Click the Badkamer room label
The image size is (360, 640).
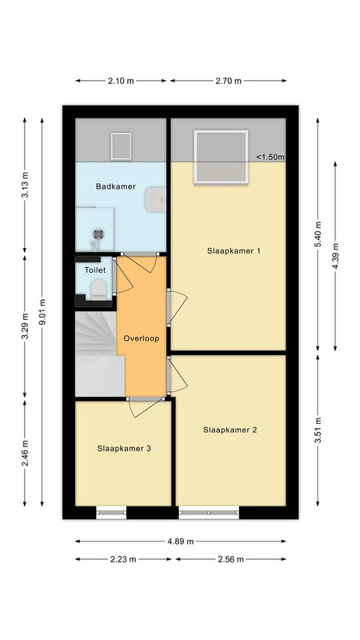click(x=115, y=186)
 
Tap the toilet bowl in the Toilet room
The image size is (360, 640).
click(x=98, y=289)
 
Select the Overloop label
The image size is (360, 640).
click(x=142, y=338)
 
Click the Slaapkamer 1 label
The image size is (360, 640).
click(x=234, y=251)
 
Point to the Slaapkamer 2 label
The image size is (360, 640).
click(x=230, y=430)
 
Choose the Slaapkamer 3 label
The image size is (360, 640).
click(x=124, y=448)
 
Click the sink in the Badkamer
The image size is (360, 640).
click(x=156, y=199)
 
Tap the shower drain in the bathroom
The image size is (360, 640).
click(x=98, y=234)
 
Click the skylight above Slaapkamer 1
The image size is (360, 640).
click(x=221, y=157)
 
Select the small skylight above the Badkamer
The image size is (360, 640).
click(x=121, y=146)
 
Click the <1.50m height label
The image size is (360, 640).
click(x=270, y=157)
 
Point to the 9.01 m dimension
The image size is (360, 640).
click(x=42, y=312)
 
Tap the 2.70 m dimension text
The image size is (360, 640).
click(x=229, y=81)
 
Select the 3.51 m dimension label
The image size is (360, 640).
click(x=318, y=430)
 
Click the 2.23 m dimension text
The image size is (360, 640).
click(x=123, y=559)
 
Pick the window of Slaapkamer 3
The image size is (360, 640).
click(x=111, y=513)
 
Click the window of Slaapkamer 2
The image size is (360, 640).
click(x=209, y=513)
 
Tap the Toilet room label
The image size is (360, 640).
click(x=95, y=270)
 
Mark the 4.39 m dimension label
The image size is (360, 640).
click(x=335, y=256)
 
